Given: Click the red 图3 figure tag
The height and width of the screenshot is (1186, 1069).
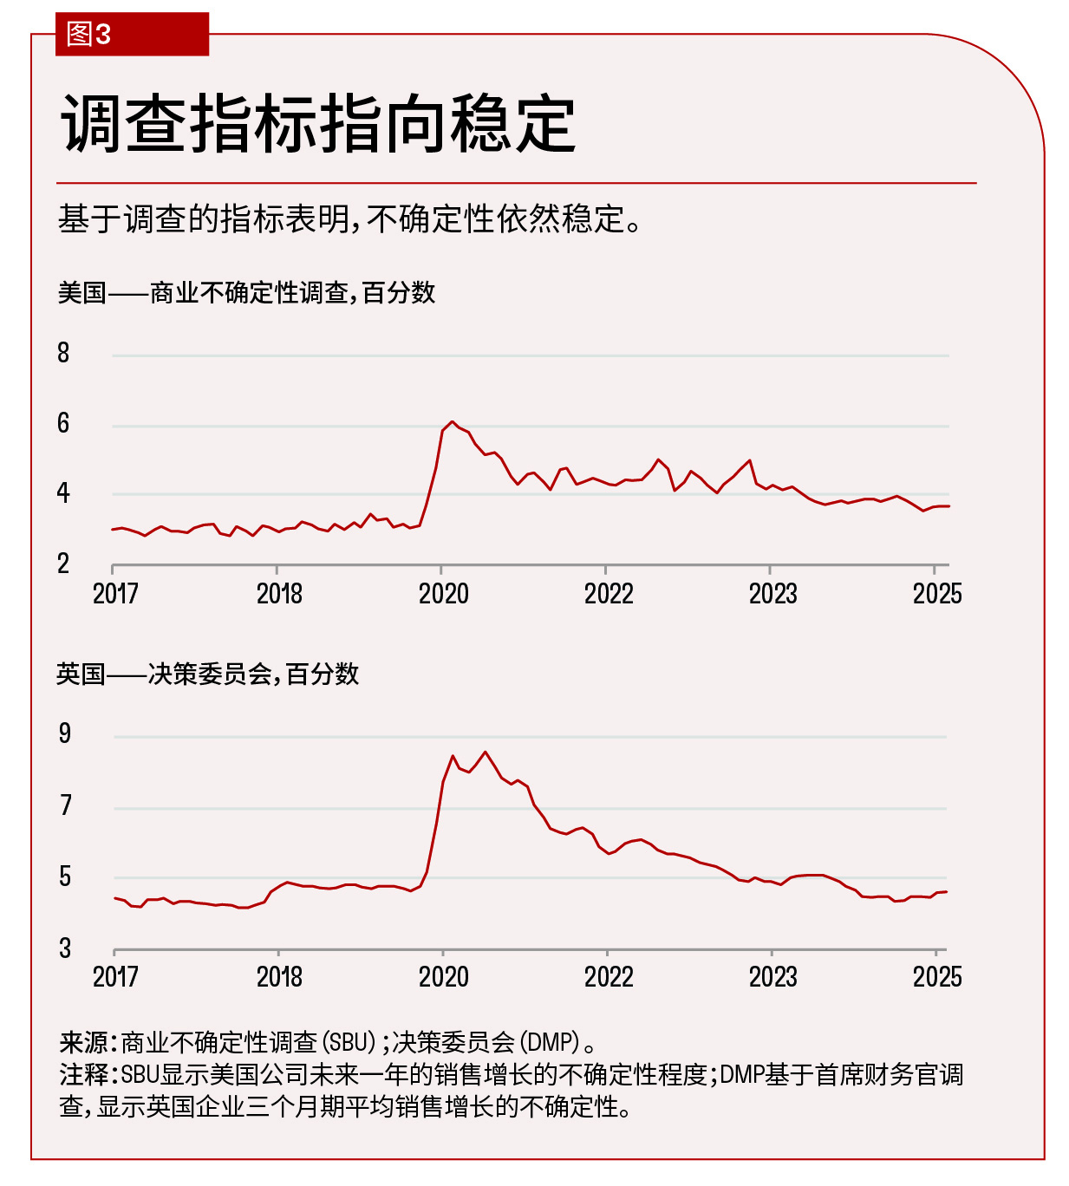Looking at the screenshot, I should click(x=89, y=35).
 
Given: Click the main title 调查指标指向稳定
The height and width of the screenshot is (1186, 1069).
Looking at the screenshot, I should click(x=318, y=125).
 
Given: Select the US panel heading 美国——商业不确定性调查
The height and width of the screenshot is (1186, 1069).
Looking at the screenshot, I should click(x=246, y=293).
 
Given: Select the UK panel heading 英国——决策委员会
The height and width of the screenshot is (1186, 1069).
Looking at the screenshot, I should click(x=207, y=674).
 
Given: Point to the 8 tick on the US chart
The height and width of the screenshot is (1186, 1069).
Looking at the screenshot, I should click(x=63, y=353).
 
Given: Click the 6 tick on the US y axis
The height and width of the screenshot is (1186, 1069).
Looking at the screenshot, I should click(x=63, y=424).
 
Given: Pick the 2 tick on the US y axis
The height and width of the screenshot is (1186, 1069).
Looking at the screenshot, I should click(x=63, y=564).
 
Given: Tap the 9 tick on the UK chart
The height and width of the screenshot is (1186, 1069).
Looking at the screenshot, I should click(x=65, y=734).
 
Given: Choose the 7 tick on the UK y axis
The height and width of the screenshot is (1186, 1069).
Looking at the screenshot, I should click(x=65, y=806).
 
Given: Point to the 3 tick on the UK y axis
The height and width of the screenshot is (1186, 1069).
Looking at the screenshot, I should click(x=65, y=948).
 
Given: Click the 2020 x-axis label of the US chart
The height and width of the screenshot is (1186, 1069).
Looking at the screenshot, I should click(x=443, y=594).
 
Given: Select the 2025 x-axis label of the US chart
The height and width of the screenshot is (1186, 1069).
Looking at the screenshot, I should click(x=937, y=594).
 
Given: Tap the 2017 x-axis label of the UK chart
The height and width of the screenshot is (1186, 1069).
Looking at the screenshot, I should click(x=115, y=977).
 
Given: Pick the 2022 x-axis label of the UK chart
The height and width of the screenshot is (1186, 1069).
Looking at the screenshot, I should click(x=609, y=977).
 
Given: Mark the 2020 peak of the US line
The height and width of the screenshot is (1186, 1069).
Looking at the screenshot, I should click(x=452, y=422).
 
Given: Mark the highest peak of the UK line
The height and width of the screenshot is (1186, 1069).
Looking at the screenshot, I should click(x=485, y=752).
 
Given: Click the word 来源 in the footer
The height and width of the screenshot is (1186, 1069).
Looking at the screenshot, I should click(x=83, y=1042).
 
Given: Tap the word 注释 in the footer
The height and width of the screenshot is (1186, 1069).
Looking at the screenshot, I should click(x=83, y=1075).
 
